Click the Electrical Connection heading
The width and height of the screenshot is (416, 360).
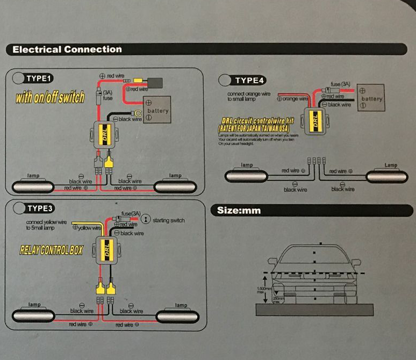(67, 49)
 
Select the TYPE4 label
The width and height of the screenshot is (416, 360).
(249, 81)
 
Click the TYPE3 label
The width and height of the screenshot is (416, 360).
(39, 208)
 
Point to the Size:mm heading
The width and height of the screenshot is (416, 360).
(239, 210)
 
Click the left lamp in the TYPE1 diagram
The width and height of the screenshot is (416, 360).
(32, 186)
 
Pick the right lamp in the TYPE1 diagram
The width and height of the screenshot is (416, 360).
(175, 186)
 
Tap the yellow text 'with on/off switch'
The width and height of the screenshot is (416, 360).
(50, 97)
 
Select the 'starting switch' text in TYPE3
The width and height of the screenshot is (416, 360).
(169, 221)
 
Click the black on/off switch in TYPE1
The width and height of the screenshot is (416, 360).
(155, 83)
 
